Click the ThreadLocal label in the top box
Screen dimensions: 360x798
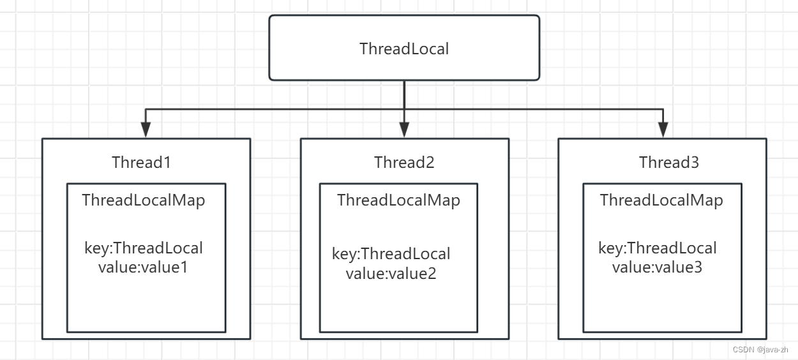point(404,49)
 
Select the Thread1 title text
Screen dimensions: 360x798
point(141,162)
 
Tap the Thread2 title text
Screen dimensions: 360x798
point(404,162)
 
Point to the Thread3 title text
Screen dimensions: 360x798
point(669,162)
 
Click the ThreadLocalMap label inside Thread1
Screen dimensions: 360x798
point(144,200)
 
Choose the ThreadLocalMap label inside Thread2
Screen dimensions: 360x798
point(398,200)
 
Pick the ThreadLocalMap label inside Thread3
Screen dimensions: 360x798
point(661,200)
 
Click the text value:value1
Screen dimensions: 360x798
point(143,267)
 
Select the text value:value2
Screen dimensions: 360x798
point(391,273)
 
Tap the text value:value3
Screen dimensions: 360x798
point(657,267)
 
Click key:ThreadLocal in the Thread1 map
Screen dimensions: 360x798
point(144,248)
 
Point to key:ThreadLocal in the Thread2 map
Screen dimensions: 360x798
point(391,254)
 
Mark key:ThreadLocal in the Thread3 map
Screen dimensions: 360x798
point(658,248)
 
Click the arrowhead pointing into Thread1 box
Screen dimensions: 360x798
point(146,130)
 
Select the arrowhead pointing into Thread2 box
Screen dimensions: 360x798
point(404,130)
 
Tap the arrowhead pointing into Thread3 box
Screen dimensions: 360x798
point(663,130)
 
